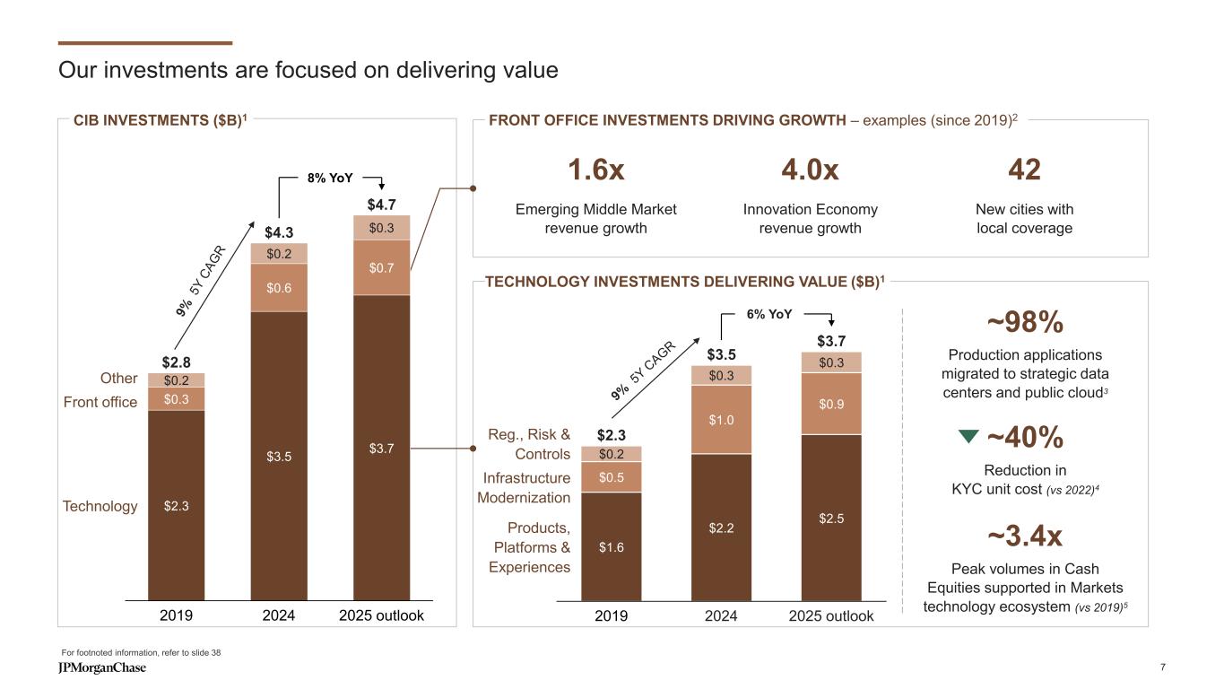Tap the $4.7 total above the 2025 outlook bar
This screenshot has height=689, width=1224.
click(x=380, y=205)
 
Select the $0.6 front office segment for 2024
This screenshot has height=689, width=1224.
click(x=279, y=287)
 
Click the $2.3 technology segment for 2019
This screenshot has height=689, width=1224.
click(x=176, y=505)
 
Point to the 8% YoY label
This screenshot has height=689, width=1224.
click(x=330, y=178)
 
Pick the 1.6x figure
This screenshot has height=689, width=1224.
click(x=595, y=170)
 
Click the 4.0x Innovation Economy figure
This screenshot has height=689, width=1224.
click(x=810, y=170)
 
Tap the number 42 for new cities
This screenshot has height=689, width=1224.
click(x=1024, y=170)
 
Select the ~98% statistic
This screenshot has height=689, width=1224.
click(x=1024, y=321)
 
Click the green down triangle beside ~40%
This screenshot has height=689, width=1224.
click(x=968, y=437)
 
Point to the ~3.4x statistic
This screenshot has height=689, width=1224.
click(x=1024, y=536)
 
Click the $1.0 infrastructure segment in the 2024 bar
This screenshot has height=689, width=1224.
click(x=721, y=419)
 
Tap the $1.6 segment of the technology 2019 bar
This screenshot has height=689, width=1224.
click(x=612, y=545)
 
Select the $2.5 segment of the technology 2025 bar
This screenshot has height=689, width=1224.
click(x=830, y=518)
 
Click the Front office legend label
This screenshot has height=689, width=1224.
click(x=100, y=402)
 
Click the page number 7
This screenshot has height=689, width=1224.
click(x=1162, y=667)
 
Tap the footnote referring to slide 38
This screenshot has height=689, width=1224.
click(x=141, y=652)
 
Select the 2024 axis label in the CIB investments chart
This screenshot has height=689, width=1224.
click(x=279, y=616)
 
